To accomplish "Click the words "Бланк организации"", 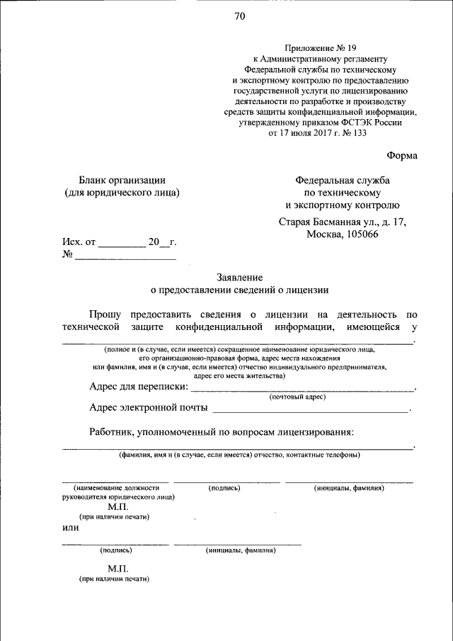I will [x=122, y=180].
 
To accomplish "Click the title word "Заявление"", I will [x=240, y=277].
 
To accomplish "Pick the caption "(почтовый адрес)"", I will [x=297, y=397].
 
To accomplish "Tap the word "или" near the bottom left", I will [x=70, y=528].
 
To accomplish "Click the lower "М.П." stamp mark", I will [x=117, y=569].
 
